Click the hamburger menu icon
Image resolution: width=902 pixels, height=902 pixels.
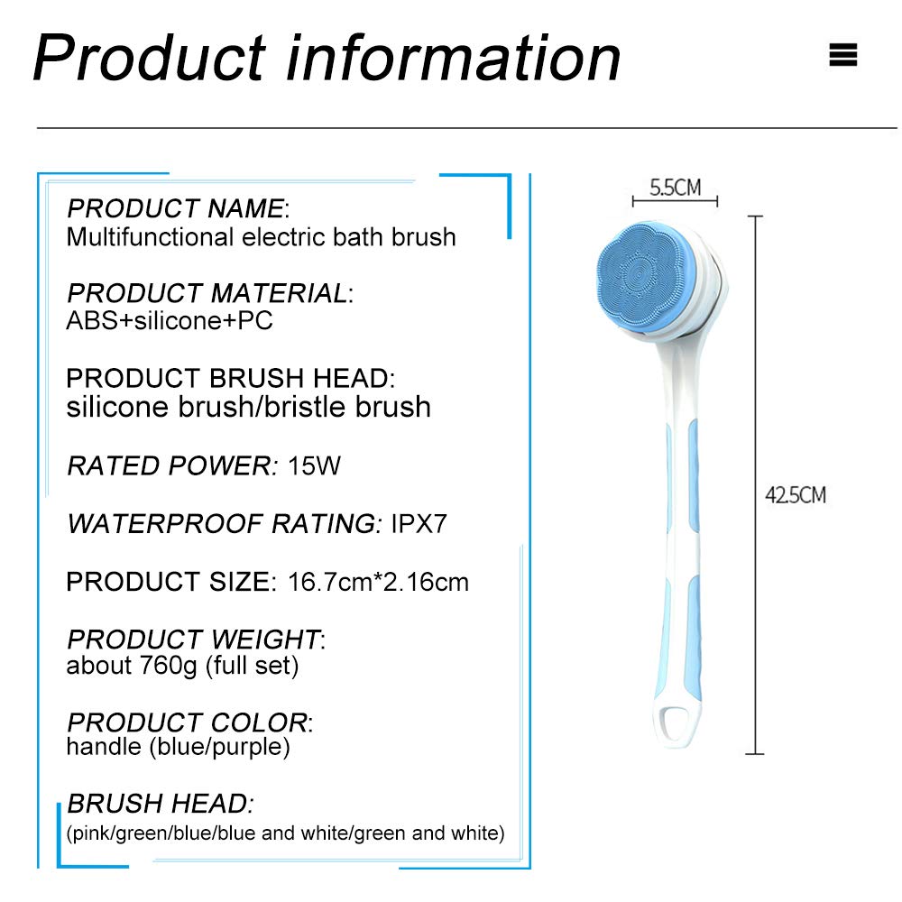coord(842,55)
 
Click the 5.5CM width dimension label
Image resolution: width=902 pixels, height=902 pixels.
coord(676,188)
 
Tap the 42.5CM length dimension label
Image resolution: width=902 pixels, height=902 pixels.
coord(796,494)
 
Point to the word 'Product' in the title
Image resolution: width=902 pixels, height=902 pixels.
coord(149,58)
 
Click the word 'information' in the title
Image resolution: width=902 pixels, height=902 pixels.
coord(453,58)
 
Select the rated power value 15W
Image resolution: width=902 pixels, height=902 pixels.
coord(314,465)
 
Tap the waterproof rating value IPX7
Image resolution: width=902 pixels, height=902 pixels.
coord(419,523)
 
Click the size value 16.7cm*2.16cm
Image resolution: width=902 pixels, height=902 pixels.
coord(378,582)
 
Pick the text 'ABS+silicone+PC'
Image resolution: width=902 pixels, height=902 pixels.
coord(170,320)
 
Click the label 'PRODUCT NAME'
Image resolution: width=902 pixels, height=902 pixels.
coord(176,208)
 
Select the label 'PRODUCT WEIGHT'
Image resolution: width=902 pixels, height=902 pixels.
coord(193,640)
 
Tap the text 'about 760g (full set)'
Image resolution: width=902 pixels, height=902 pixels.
coord(182,666)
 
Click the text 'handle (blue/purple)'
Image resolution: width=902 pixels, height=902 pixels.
coord(179,747)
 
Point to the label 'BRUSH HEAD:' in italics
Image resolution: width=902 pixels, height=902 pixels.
coord(161,803)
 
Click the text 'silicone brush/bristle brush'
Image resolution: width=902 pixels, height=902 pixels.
coord(249,406)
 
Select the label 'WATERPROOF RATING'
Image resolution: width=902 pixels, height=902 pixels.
coord(222,523)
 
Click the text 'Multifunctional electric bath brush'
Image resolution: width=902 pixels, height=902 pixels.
coord(262,237)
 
